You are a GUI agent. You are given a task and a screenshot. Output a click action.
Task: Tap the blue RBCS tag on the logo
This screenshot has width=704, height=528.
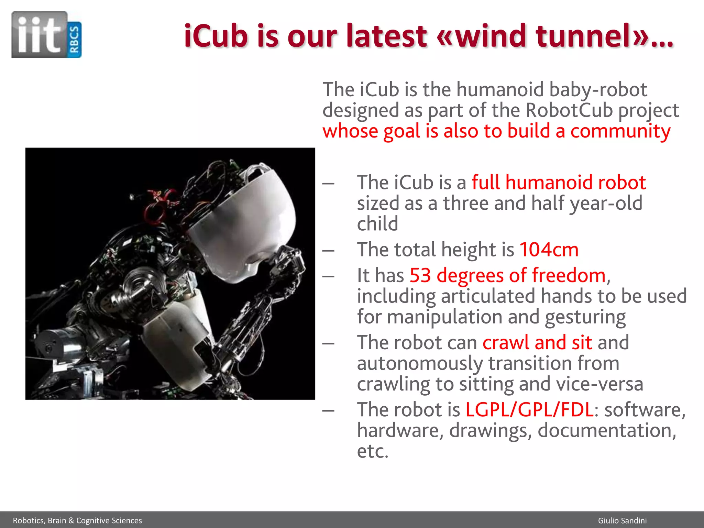click(x=74, y=40)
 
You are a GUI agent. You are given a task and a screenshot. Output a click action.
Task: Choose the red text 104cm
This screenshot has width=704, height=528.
click(x=549, y=250)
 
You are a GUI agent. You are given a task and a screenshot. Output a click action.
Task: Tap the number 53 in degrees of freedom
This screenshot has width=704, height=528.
click(x=420, y=275)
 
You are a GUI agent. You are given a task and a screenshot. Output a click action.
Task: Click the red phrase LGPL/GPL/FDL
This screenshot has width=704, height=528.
click(x=529, y=410)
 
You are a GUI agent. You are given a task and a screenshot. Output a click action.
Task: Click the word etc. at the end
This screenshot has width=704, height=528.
click(x=373, y=451)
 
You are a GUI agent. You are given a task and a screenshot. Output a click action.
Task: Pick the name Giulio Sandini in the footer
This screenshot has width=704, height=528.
click(x=622, y=520)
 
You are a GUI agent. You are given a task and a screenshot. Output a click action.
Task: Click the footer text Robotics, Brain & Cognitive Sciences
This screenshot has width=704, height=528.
click(x=77, y=520)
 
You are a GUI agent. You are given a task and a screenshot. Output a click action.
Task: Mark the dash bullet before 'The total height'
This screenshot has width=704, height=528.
click(x=328, y=251)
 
